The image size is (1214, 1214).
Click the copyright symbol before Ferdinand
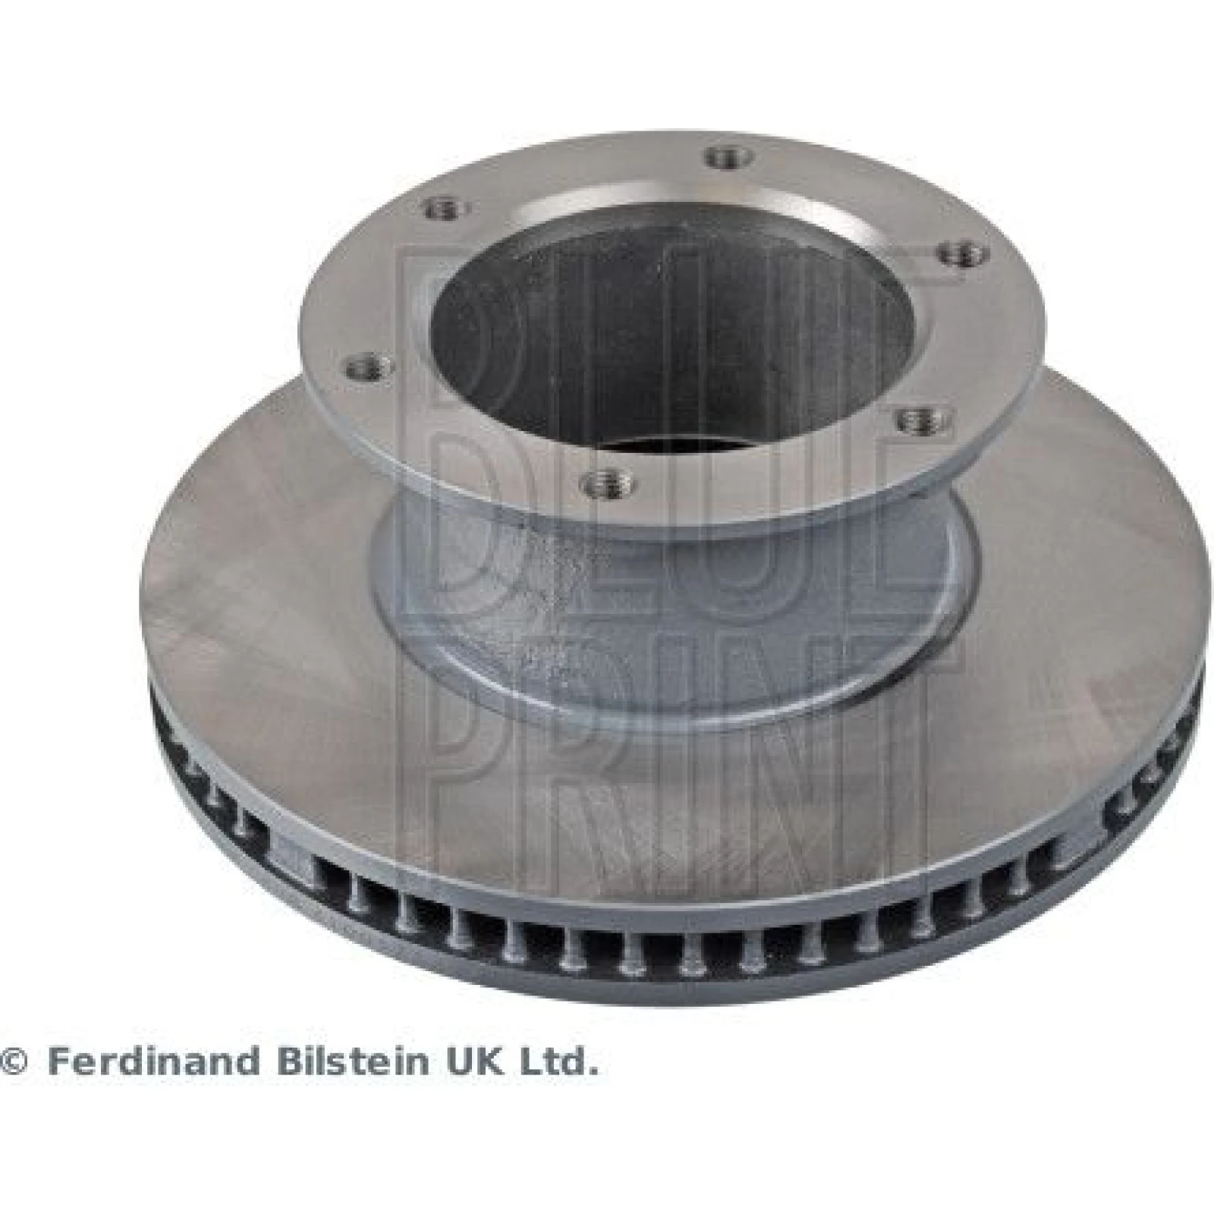[14, 1063]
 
